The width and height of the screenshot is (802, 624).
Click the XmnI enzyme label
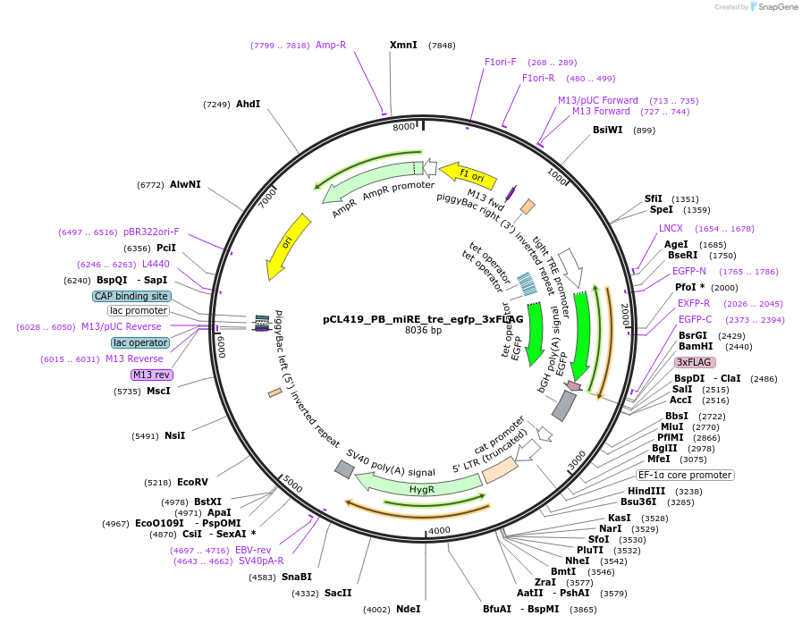point(403,45)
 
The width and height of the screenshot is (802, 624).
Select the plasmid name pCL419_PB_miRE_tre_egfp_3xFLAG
point(423,319)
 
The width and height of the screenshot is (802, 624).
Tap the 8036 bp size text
point(423,331)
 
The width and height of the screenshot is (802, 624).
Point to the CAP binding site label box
point(131,296)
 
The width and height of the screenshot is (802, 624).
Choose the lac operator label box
point(140,342)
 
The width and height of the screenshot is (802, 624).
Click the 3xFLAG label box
point(695,362)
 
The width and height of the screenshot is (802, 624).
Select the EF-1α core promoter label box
point(685,475)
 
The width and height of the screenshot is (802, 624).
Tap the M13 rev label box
point(153,375)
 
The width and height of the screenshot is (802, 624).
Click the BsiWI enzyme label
point(608,131)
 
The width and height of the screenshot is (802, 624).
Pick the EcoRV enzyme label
point(192,482)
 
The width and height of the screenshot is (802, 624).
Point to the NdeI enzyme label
point(408,609)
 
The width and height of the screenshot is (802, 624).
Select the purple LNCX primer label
point(671,228)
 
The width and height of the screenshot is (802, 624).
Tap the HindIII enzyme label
point(646,491)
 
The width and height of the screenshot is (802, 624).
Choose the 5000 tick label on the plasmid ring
point(293,484)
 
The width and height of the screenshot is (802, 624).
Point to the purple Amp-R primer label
point(331,45)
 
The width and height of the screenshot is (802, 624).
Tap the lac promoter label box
point(139,310)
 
